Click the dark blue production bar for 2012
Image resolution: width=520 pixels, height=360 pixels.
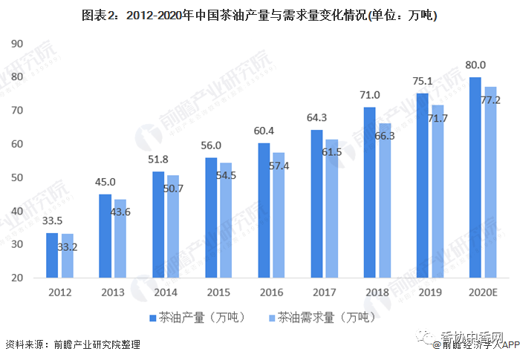tap(52, 255)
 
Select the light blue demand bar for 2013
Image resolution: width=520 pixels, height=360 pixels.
tap(120, 238)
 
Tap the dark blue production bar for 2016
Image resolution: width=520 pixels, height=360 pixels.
tap(264, 210)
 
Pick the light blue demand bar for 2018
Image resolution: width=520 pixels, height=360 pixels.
tap(384, 200)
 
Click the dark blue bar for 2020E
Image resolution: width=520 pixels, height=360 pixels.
tap(475, 177)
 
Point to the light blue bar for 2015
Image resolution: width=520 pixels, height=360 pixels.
tap(225, 220)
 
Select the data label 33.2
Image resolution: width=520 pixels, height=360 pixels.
tap(68, 246)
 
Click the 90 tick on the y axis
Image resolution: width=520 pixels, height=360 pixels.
tap(17, 43)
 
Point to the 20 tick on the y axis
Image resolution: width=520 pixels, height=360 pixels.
tap(17, 278)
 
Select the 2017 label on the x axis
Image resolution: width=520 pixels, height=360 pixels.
tap(324, 292)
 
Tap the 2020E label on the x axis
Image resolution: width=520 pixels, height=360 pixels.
tap(484, 292)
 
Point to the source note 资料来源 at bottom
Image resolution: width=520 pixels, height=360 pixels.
tap(73, 345)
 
